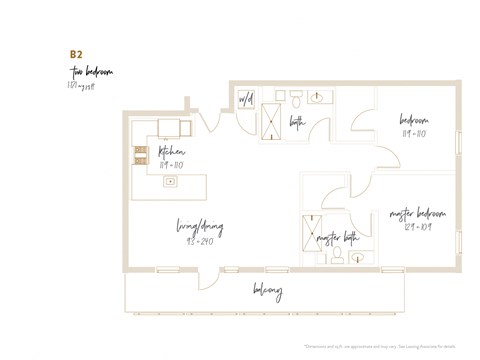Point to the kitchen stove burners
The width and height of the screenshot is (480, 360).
[141, 154]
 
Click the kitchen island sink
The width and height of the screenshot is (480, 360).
[171, 182]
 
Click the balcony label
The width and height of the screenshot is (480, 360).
[267, 291]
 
